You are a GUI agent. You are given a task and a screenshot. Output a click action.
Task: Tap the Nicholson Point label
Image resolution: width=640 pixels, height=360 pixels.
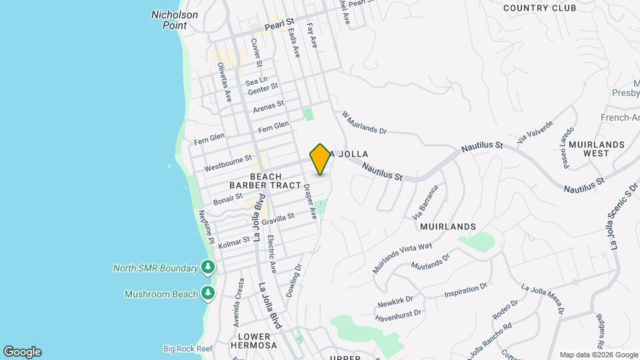[174, 19]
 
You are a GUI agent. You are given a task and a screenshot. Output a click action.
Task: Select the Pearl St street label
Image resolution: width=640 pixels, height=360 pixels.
[279, 27]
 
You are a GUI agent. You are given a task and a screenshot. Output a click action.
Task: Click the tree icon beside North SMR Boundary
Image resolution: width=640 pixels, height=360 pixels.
[208, 267]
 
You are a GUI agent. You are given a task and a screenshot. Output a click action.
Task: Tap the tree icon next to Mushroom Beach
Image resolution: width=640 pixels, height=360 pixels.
[208, 293]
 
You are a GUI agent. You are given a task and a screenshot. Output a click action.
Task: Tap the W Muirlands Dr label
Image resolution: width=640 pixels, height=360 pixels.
[364, 123]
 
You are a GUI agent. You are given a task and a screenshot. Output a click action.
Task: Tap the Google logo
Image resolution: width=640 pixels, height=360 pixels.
[22, 352]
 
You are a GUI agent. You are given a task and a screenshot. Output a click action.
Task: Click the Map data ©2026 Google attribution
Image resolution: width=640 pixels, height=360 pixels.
[598, 355]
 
